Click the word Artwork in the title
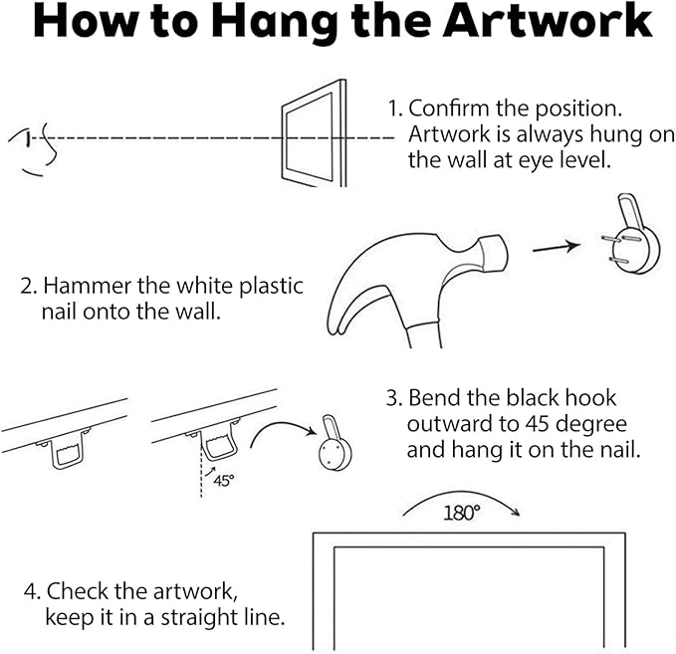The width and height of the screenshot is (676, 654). coord(548,21)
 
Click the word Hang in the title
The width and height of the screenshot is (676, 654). coord(275,24)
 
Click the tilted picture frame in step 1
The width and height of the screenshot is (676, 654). coord(314,133)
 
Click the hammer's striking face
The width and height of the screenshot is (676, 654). coord(496,253)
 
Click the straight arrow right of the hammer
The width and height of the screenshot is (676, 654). coord(557,248)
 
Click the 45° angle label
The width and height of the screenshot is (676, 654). coord(224,480)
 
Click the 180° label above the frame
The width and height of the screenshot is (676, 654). coord(461,513)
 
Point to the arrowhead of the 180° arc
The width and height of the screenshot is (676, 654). coord(515,512)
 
